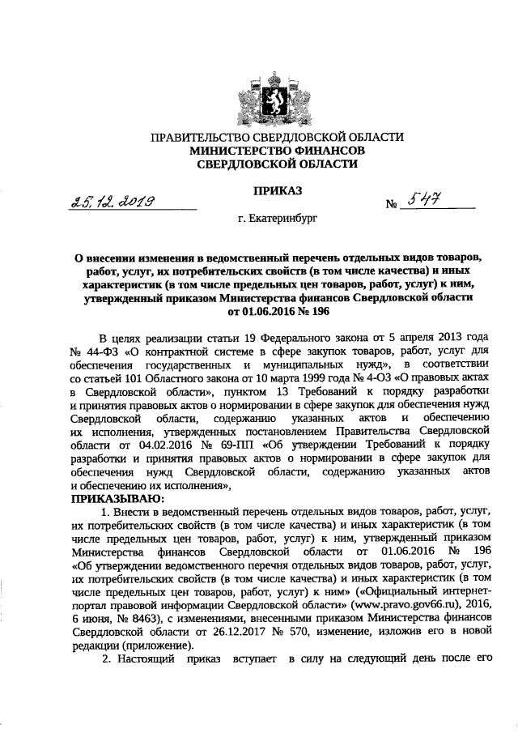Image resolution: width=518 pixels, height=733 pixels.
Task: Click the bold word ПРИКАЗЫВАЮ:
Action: point(118,499)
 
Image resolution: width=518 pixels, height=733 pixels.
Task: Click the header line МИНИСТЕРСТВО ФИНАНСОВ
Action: point(273,150)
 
